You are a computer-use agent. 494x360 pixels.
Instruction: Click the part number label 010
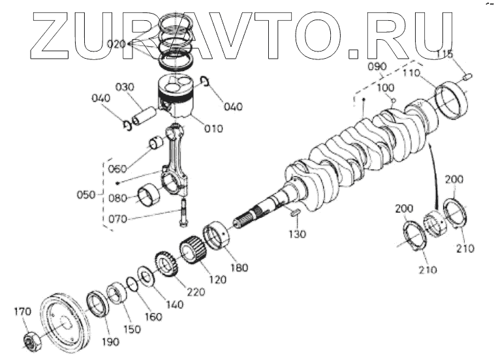coord(213,128)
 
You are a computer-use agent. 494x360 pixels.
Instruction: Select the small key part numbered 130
coord(293,212)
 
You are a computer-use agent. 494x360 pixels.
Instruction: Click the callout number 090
coord(377,67)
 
